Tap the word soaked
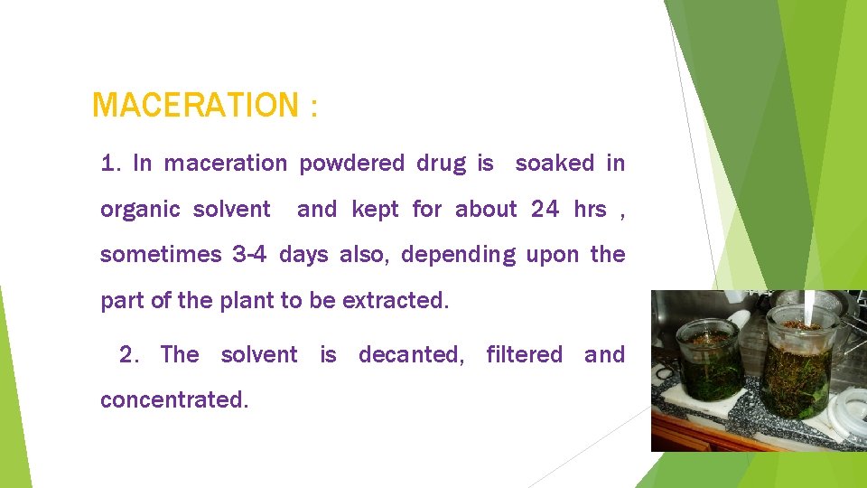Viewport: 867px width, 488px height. point(555,164)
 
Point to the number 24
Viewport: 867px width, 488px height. point(545,210)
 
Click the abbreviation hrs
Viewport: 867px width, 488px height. point(590,210)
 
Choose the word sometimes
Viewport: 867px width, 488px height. point(161,255)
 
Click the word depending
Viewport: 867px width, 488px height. point(458,256)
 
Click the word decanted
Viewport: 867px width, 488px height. point(411,355)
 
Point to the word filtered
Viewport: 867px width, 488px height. point(525,354)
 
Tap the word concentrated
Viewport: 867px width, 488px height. point(173,399)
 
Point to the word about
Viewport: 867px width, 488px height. point(486,210)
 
